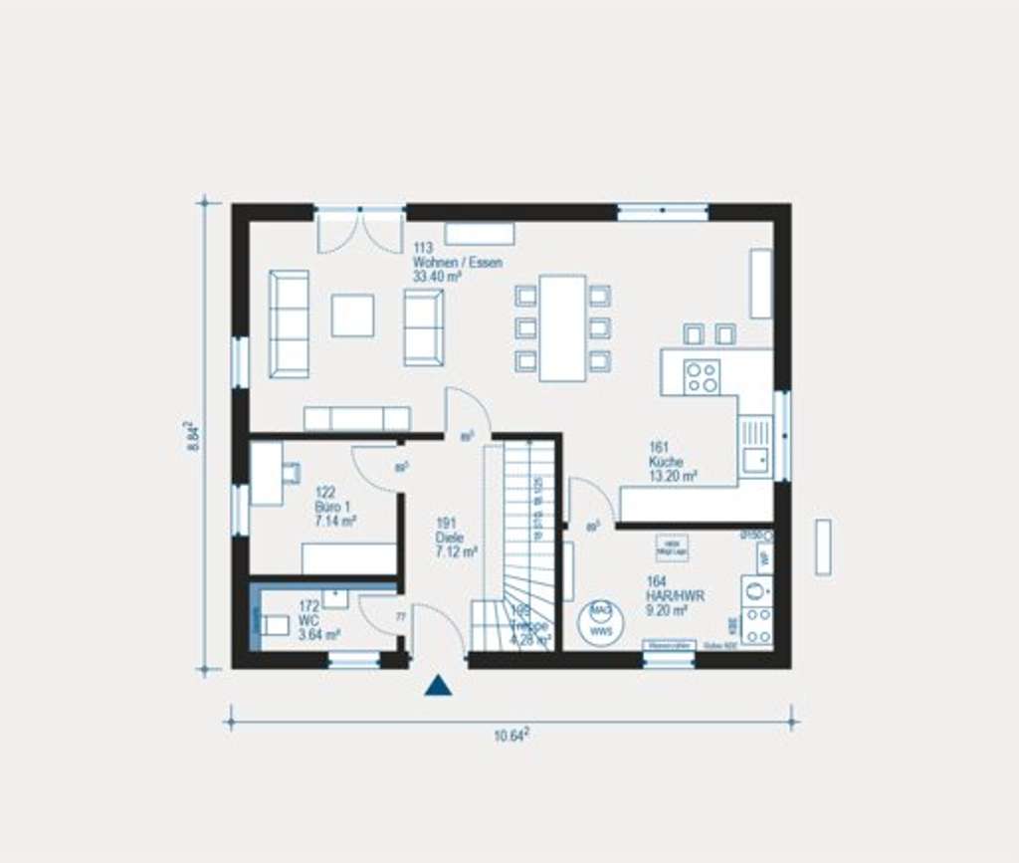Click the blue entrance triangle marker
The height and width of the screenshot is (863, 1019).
coord(439,685)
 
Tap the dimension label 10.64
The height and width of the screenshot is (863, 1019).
coord(511,736)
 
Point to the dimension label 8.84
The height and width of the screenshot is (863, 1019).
coord(193,435)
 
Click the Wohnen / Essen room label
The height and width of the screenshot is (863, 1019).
coord(457,263)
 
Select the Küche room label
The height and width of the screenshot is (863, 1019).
coord(672,462)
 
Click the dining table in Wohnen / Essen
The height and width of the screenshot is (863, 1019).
coord(563,327)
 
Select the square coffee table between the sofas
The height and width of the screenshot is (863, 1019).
coord(353,315)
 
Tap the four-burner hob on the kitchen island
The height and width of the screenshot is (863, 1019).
coord(702,376)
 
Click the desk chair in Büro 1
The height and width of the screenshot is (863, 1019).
coord(291,472)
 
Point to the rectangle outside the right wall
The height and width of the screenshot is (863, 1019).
coord(823,546)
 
